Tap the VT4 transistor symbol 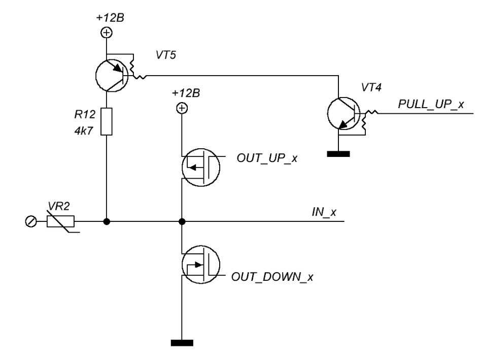[x=343, y=115]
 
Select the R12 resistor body [x=107, y=121]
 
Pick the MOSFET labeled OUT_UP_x [x=200, y=167]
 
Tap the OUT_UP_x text [x=266, y=158]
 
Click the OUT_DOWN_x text [x=272, y=278]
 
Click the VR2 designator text [x=59, y=206]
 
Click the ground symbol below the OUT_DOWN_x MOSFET [x=182, y=343]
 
